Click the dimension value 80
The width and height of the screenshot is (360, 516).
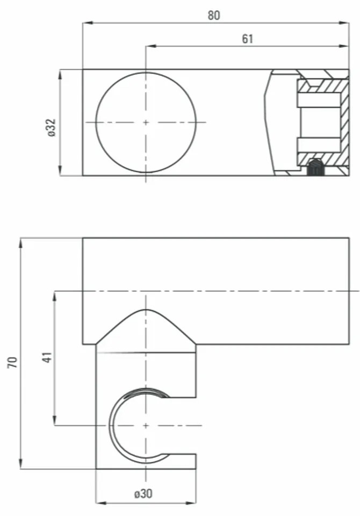pyautogui.click(x=214, y=15)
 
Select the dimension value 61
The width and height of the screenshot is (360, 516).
pyautogui.click(x=248, y=38)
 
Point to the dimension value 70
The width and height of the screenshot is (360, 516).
pyautogui.click(x=12, y=361)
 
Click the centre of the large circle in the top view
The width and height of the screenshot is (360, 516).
pyautogui.click(x=146, y=123)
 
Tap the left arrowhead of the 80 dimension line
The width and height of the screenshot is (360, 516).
pyautogui.click(x=86, y=23)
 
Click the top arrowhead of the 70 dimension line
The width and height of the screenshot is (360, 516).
pyautogui.click(x=21, y=241)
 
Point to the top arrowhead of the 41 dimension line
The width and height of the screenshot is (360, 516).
pyautogui.click(x=54, y=295)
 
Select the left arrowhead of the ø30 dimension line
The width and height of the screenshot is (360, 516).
pyautogui.click(x=99, y=504)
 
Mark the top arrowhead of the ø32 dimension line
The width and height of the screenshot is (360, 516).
pyautogui.click(x=61, y=73)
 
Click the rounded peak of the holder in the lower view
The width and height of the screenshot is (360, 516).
pyautogui.click(x=146, y=311)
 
